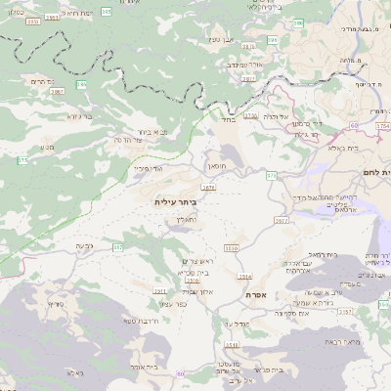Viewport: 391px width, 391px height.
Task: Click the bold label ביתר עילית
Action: [175, 201]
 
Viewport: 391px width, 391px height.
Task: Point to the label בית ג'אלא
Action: [344, 148]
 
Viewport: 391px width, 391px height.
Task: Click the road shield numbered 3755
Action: [251, 115]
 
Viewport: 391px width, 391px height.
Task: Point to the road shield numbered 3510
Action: [232, 249]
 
